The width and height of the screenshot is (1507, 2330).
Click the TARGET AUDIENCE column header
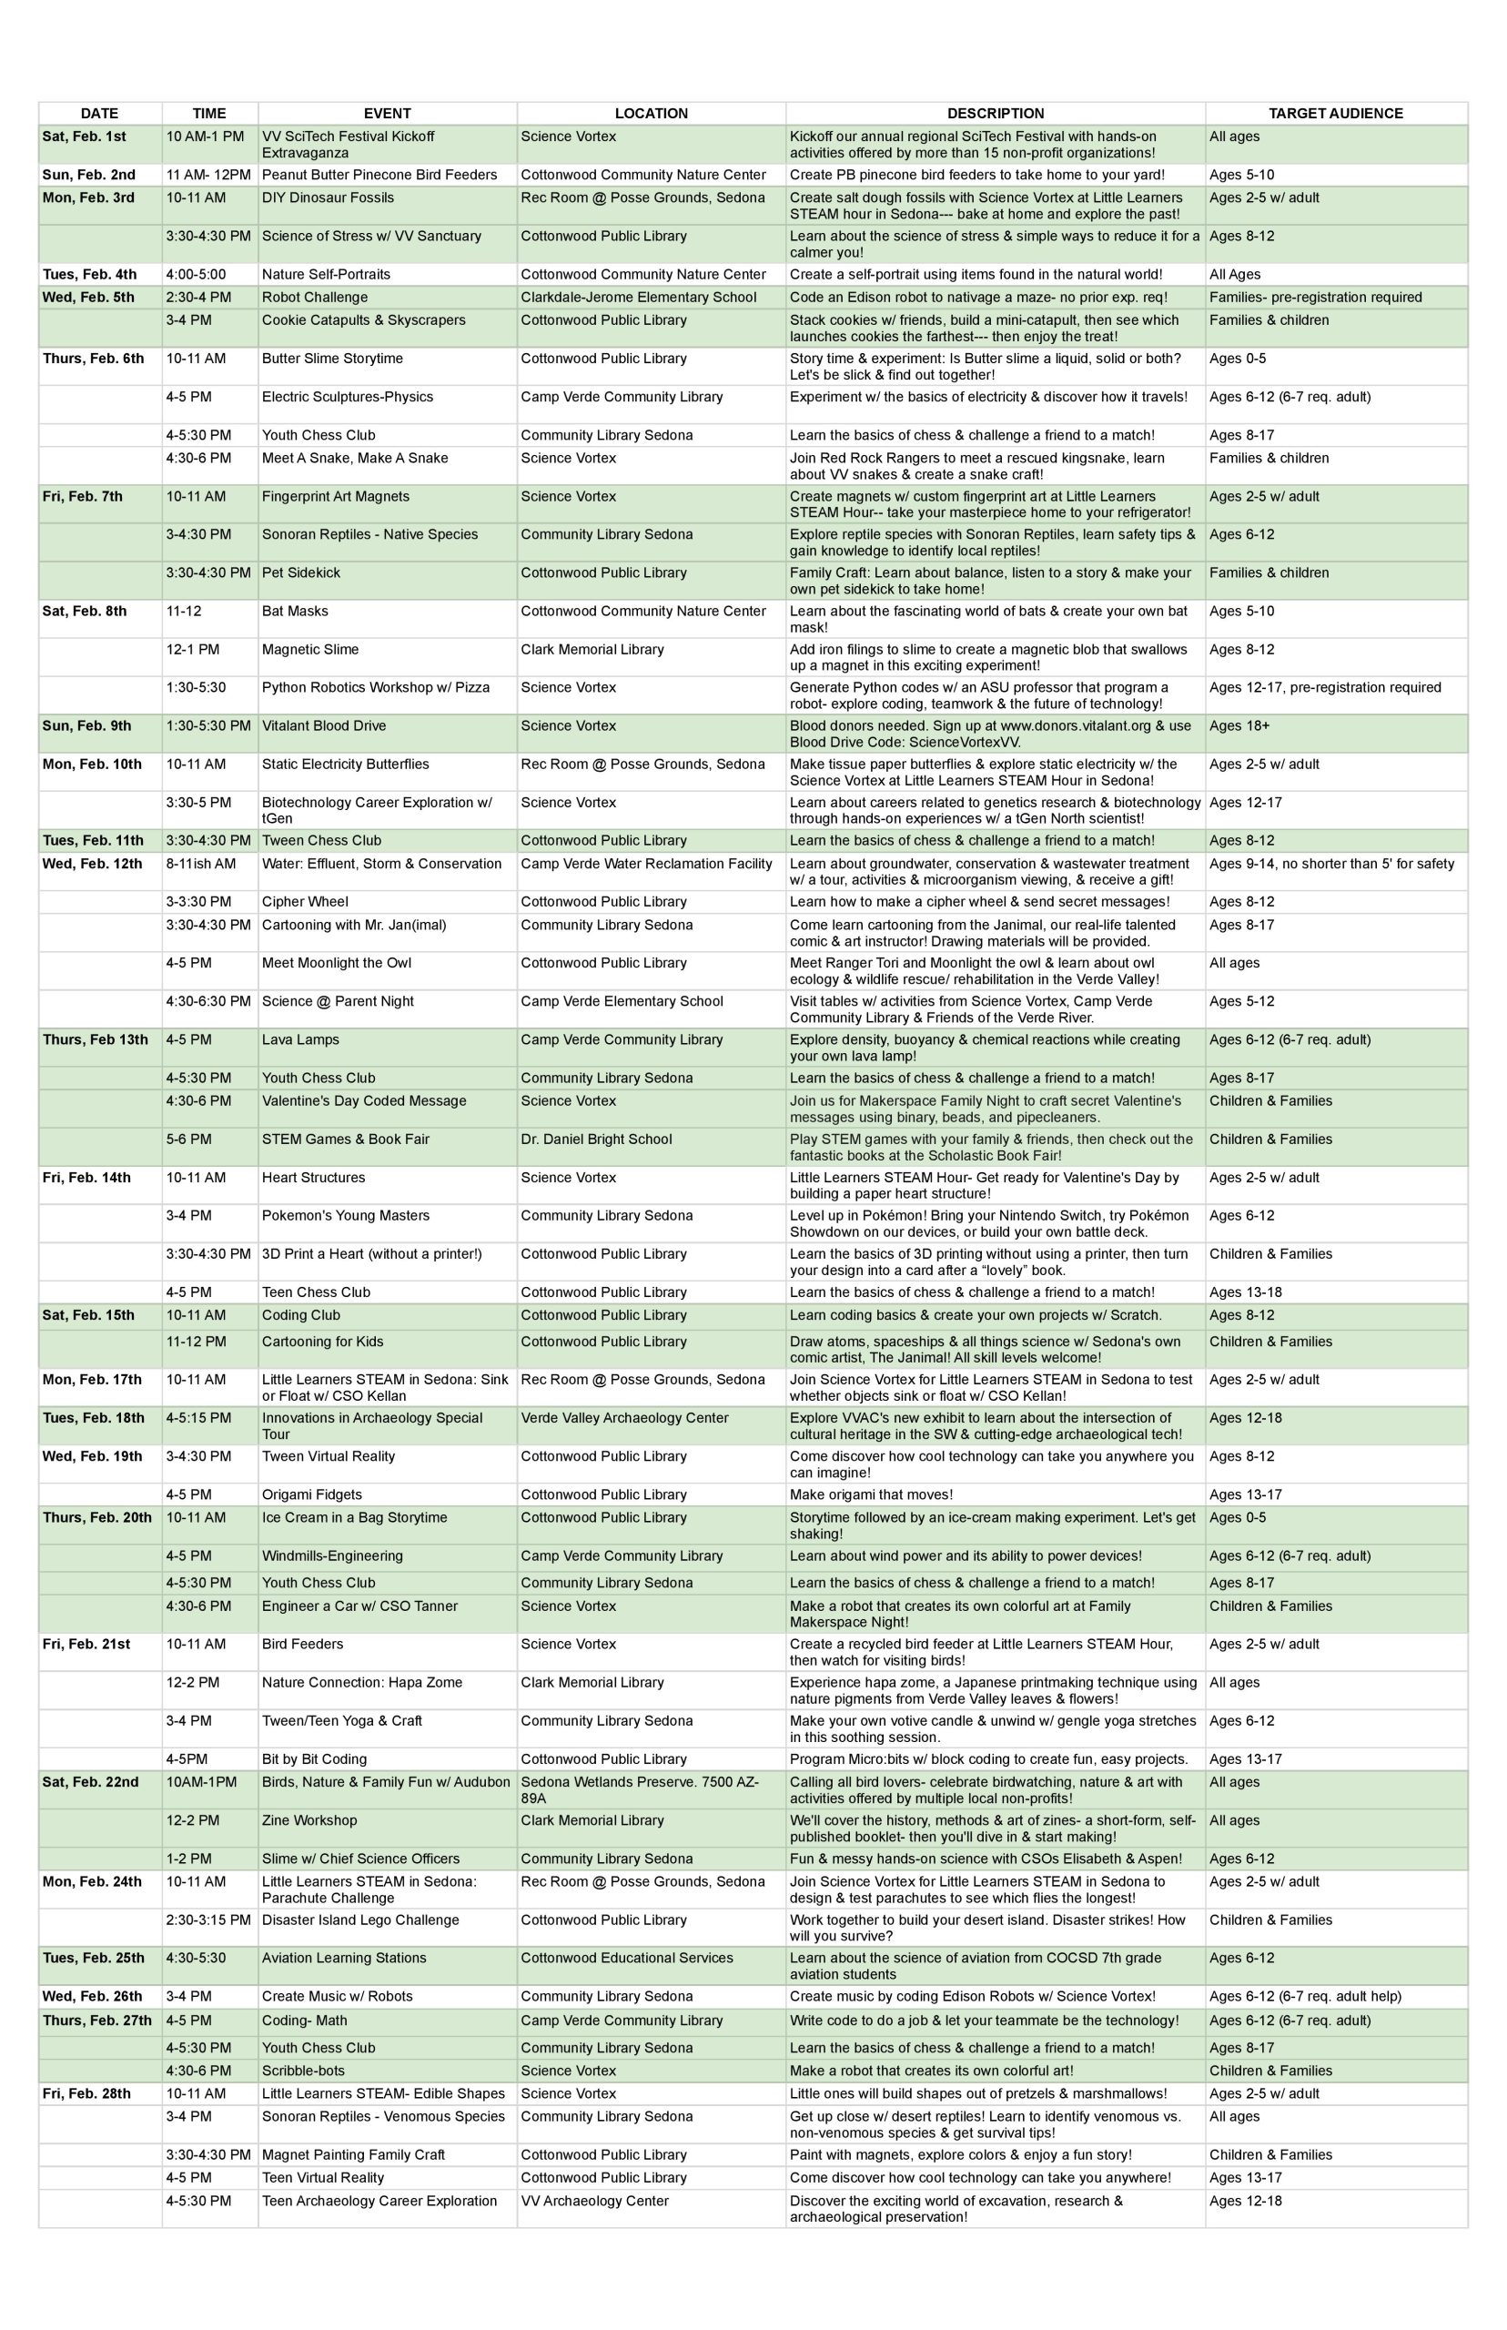click(1335, 114)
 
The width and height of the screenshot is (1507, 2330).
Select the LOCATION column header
click(651, 114)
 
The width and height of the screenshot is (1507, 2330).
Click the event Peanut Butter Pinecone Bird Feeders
click(379, 175)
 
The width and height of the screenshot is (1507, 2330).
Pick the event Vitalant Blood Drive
click(324, 726)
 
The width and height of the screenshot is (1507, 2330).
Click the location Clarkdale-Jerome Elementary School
click(638, 298)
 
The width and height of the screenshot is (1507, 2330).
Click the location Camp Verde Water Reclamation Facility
click(646, 864)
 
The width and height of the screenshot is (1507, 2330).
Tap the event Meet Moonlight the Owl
click(337, 963)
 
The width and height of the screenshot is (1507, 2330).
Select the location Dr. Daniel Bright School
click(596, 1140)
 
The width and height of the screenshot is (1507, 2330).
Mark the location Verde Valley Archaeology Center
click(624, 1418)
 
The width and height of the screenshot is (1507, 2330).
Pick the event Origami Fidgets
click(311, 1494)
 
